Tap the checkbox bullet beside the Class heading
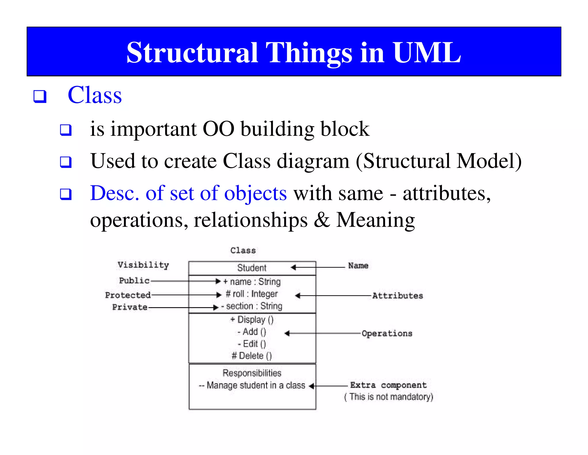point(40,96)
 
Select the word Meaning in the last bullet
point(375,220)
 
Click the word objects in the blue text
point(255,193)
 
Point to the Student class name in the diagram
point(252,268)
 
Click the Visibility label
point(143,265)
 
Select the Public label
point(134,280)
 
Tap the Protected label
point(128,295)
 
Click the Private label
point(130,307)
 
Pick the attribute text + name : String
point(252,282)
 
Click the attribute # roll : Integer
point(252,294)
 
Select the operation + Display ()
point(252,320)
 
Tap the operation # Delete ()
point(252,356)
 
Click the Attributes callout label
point(398,296)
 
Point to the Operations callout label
point(387,334)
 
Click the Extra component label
point(388,385)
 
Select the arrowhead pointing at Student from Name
point(293,267)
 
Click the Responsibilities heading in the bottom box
point(252,373)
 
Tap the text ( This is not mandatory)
point(388,397)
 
